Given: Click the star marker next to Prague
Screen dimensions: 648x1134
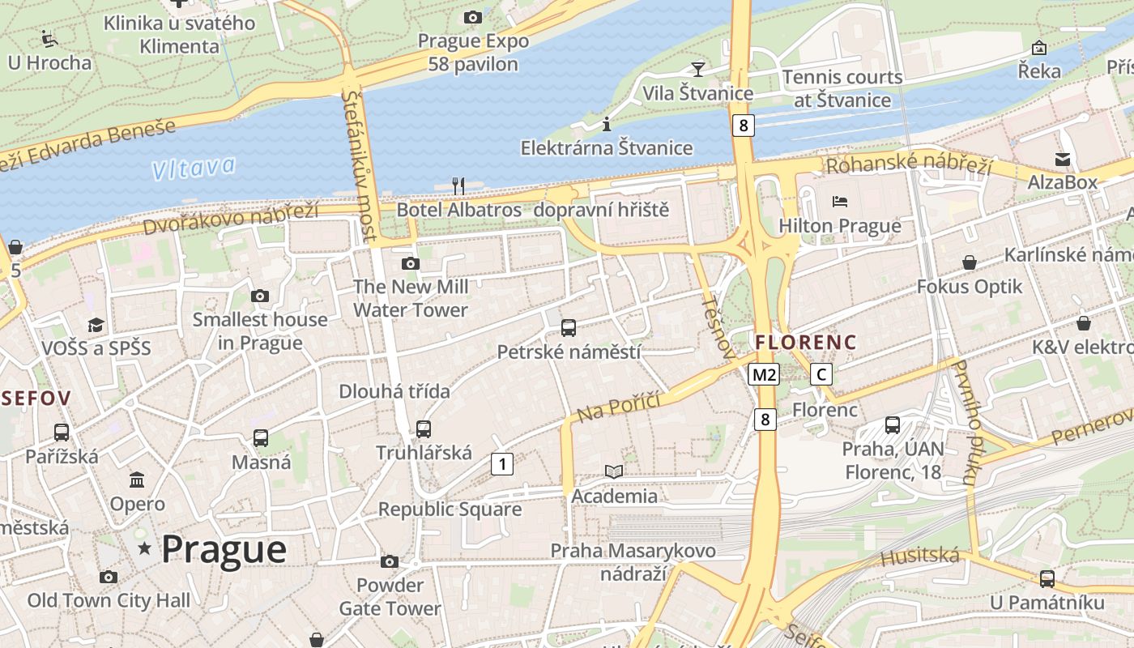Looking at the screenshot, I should pyautogui.click(x=145, y=548).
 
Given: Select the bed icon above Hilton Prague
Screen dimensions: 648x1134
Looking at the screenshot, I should pyautogui.click(x=839, y=201).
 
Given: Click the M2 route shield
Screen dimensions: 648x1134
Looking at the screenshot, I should pyautogui.click(x=763, y=374).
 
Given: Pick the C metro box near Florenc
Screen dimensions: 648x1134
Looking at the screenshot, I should pyautogui.click(x=821, y=374).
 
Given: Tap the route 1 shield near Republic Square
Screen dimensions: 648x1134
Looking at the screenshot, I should pyautogui.click(x=502, y=464).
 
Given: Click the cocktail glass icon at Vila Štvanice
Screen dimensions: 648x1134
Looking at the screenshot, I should pyautogui.click(x=697, y=69).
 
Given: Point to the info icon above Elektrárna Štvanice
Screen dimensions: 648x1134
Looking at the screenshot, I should pyautogui.click(x=607, y=124).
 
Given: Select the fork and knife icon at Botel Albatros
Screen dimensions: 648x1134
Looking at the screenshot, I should pyautogui.click(x=458, y=185).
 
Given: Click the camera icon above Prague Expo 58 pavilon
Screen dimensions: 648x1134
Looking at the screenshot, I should pyautogui.click(x=473, y=17).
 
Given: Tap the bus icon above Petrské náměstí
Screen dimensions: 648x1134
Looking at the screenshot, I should pyautogui.click(x=569, y=328).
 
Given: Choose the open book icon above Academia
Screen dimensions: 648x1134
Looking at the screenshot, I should pyautogui.click(x=614, y=471).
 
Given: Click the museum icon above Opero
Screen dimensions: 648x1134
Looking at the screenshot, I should pyautogui.click(x=137, y=480).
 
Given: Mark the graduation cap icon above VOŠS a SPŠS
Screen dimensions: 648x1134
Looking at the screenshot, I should pyautogui.click(x=96, y=325).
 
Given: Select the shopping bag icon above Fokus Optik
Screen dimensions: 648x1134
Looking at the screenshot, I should pyautogui.click(x=970, y=262).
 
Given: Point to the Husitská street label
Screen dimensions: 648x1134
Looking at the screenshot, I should pyautogui.click(x=919, y=556).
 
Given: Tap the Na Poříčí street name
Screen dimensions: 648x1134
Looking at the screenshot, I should pyautogui.click(x=619, y=406).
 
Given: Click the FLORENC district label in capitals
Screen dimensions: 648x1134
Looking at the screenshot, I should pyautogui.click(x=805, y=343).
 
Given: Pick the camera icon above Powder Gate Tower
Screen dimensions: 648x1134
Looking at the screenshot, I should pyautogui.click(x=390, y=561).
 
